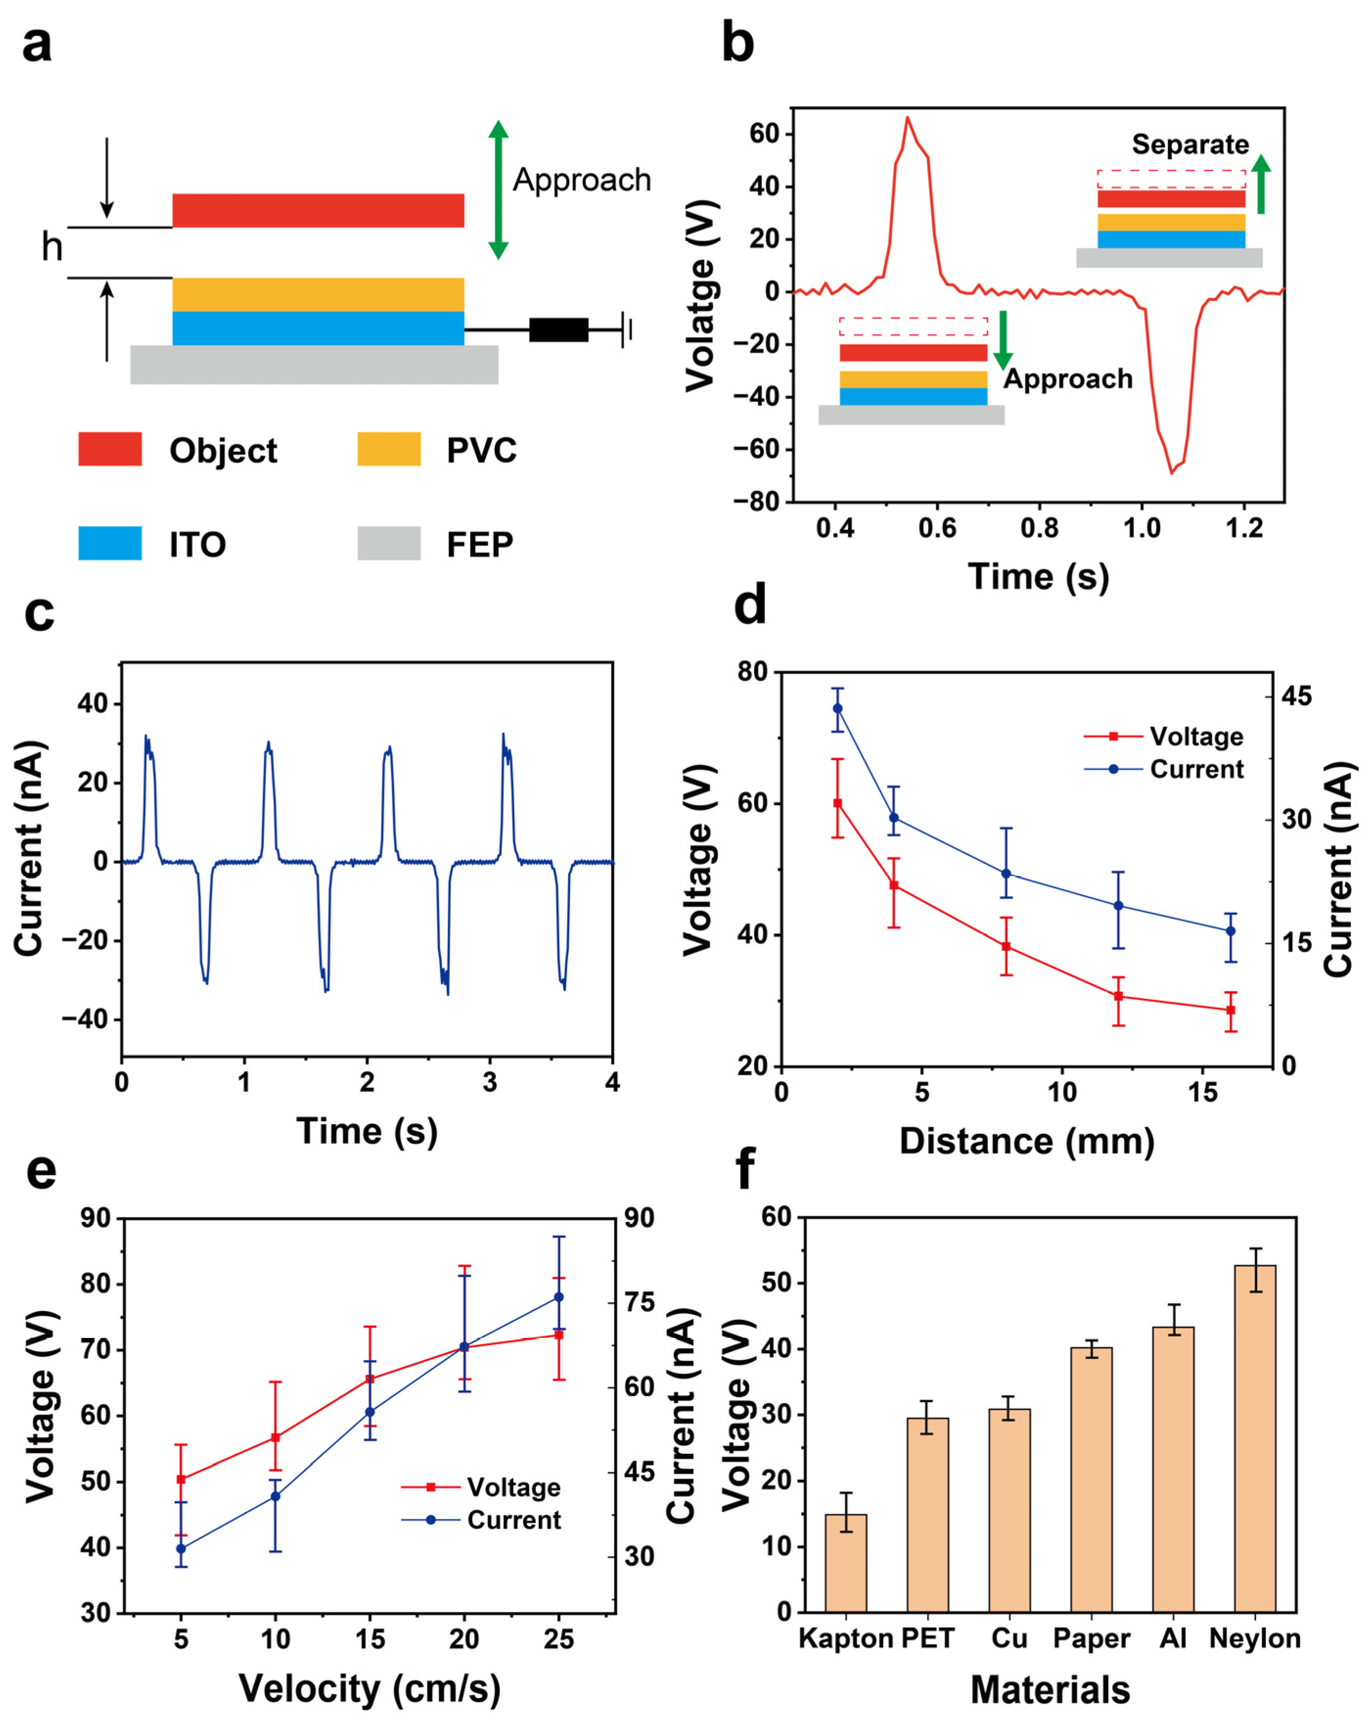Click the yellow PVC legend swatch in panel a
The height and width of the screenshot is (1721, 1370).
click(x=389, y=449)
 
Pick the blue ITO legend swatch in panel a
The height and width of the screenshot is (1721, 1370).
click(x=110, y=543)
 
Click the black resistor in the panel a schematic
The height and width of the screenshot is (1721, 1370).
click(x=558, y=330)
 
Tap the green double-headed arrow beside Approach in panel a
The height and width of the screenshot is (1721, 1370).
click(x=499, y=190)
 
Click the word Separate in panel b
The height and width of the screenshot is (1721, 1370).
click(x=1190, y=144)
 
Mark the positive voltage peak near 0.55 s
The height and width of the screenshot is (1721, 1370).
click(x=907, y=118)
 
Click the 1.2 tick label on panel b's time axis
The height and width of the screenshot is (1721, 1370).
click(x=1244, y=528)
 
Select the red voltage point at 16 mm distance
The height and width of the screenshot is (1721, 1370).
click(x=1230, y=1010)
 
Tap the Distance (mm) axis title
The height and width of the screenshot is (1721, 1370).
click(x=1026, y=1141)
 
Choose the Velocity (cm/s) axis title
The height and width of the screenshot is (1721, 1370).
click(x=370, y=1688)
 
